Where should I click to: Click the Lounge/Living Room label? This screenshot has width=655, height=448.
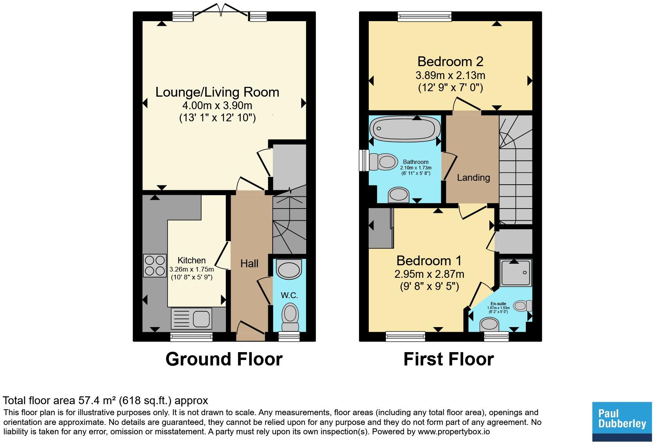point(217,92)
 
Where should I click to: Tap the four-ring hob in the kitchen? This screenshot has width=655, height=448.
point(155,266)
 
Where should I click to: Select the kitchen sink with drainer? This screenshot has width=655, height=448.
point(191,318)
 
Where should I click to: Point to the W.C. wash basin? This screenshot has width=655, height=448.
point(289,269)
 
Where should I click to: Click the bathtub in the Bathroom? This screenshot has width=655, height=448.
point(405,129)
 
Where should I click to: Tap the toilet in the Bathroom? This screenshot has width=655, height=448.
point(383,162)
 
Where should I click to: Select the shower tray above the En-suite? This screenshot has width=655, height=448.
point(516,273)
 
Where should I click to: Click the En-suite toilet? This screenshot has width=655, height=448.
point(523,306)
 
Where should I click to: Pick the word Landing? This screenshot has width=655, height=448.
point(473,178)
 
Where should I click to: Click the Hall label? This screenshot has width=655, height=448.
point(249,264)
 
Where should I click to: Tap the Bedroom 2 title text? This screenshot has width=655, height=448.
point(450,62)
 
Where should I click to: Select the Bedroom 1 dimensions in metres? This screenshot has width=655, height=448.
point(429,274)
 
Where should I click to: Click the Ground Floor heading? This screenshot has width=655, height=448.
point(224,359)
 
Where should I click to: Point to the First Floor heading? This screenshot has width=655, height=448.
point(449,359)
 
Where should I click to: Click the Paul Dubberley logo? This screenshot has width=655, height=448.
point(622,422)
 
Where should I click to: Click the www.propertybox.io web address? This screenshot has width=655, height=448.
point(454,432)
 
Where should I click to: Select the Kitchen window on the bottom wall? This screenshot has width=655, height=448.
point(191,337)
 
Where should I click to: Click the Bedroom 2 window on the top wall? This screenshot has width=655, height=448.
point(424,16)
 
